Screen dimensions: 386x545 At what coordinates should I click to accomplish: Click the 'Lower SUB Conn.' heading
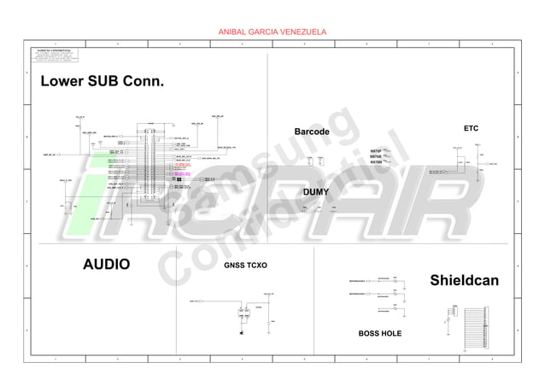[x=102, y=81]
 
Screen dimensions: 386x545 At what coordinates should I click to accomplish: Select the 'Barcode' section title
[x=312, y=132]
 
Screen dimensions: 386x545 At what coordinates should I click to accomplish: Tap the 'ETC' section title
[x=471, y=127]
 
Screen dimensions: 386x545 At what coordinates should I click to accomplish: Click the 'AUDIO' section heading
[x=106, y=264]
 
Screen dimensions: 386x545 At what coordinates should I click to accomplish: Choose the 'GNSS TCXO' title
[x=245, y=266]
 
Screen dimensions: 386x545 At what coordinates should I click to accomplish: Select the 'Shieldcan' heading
[x=464, y=280]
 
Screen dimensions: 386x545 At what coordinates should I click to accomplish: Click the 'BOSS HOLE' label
[x=379, y=333]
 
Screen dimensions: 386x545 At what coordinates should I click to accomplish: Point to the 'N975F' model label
[x=376, y=150]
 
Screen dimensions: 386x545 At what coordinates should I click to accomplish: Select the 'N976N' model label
[x=376, y=162]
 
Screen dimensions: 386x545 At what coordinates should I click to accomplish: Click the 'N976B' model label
[x=376, y=156]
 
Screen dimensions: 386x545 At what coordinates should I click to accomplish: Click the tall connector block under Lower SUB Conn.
[x=150, y=162]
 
